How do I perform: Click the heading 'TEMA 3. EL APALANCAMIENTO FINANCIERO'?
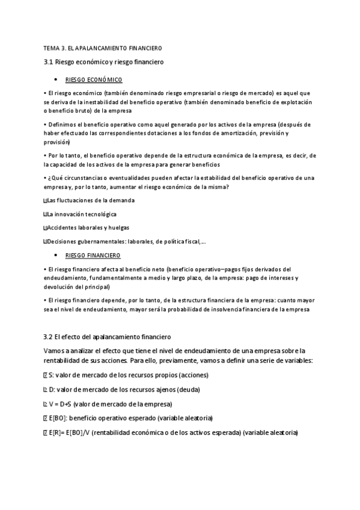click(102, 47)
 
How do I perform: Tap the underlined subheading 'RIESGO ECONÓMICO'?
click(93, 80)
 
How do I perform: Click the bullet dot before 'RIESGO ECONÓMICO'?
click(55, 80)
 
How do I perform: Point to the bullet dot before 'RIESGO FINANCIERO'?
click(55, 255)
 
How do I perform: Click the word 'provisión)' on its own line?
click(57, 143)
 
